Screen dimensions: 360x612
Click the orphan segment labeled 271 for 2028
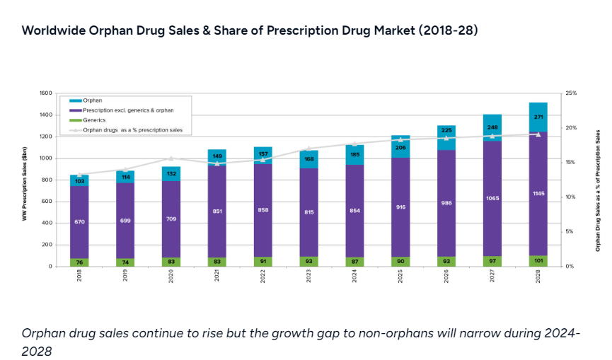pos(537,117)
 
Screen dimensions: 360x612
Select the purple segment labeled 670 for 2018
pos(79,222)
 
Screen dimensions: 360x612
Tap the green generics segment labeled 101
pos(537,260)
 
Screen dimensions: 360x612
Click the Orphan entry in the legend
pos(93,101)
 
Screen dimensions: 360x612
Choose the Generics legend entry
pos(96,120)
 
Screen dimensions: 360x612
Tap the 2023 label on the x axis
pos(308,276)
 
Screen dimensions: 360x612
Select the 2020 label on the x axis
pos(171,276)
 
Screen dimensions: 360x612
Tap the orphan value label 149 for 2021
pos(216,156)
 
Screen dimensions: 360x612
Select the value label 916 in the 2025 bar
pos(400,207)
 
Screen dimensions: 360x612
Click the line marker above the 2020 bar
pos(171,158)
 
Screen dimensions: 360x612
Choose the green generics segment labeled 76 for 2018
pos(79,262)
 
